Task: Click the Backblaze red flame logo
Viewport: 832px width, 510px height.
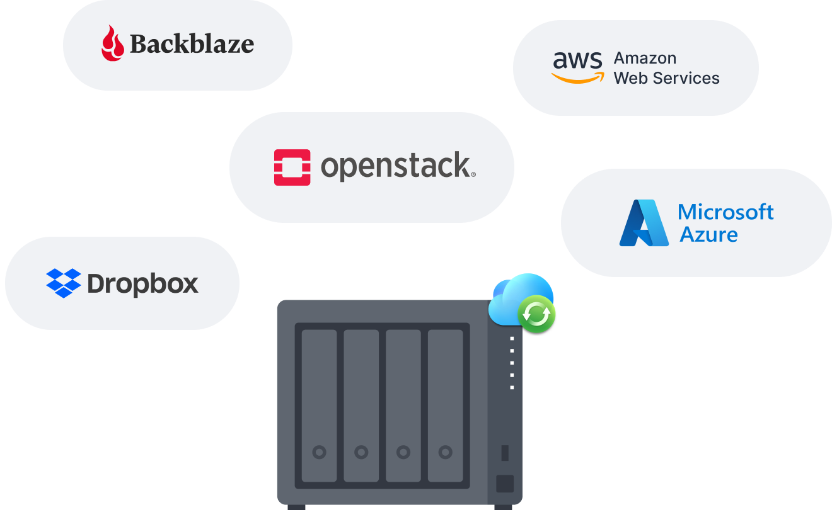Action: click(112, 43)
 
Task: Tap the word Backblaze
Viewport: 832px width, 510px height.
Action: click(192, 44)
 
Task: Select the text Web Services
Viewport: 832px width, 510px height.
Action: click(666, 78)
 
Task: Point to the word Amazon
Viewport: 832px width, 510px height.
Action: click(645, 58)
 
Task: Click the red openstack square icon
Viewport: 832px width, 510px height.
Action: click(292, 167)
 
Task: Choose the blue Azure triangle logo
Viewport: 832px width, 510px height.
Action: click(644, 222)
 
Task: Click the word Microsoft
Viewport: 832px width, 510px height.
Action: click(725, 212)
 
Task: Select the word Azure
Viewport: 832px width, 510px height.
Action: click(708, 235)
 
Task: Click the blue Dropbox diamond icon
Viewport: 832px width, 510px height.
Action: click(64, 283)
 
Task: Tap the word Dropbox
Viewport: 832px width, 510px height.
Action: click(143, 284)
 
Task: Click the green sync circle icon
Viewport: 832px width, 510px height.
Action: click(536, 313)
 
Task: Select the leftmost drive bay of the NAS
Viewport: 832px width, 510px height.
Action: click(319, 405)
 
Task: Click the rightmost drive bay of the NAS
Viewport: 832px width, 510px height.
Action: click(446, 405)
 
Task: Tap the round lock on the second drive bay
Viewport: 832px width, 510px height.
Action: click(361, 451)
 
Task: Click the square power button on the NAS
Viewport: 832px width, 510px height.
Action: click(505, 484)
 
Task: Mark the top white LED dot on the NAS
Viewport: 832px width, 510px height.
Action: click(512, 339)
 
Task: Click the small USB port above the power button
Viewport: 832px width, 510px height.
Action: click(505, 452)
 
